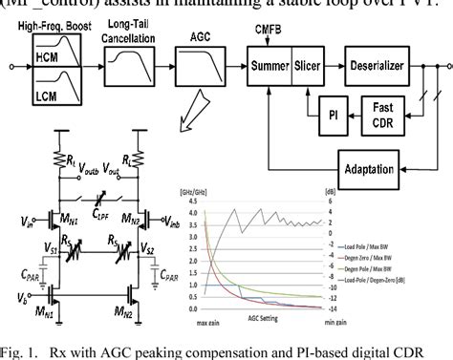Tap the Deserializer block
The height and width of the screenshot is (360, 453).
point(382,66)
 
